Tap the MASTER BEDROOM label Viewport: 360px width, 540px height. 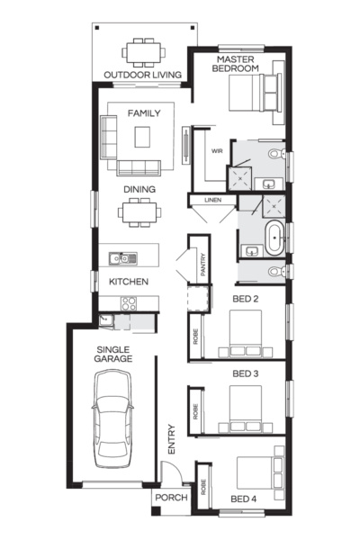237,63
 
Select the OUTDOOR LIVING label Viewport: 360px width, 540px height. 142,75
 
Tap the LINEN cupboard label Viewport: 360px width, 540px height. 212,200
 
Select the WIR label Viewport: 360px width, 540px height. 217,151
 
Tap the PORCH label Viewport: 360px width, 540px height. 170,498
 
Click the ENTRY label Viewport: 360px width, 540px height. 170,439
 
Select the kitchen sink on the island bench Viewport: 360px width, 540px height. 119,260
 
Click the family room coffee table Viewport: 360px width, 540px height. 144,136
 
